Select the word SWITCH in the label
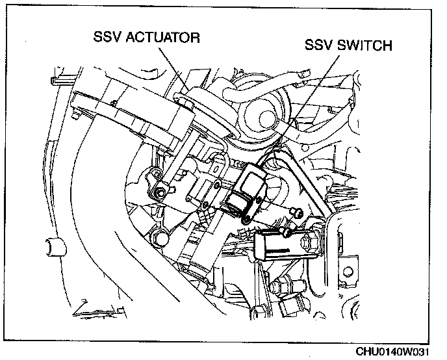[364, 46]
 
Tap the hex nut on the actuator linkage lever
[159, 194]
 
